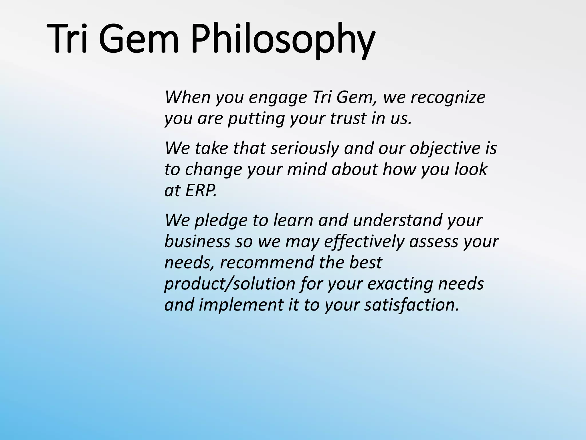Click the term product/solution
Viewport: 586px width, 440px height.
pyautogui.click(x=229, y=284)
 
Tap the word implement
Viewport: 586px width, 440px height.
pyautogui.click(x=241, y=305)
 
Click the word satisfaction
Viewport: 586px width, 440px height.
pyautogui.click(x=412, y=305)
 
